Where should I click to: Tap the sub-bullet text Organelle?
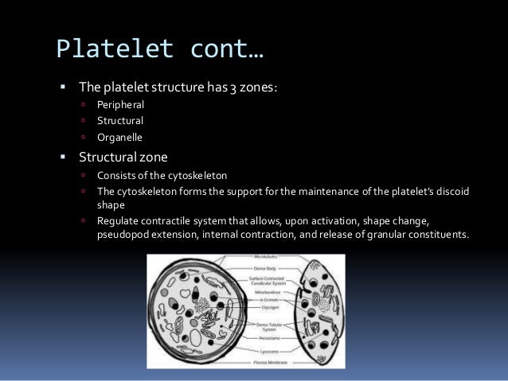(x=119, y=137)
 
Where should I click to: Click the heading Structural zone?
(x=123, y=157)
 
